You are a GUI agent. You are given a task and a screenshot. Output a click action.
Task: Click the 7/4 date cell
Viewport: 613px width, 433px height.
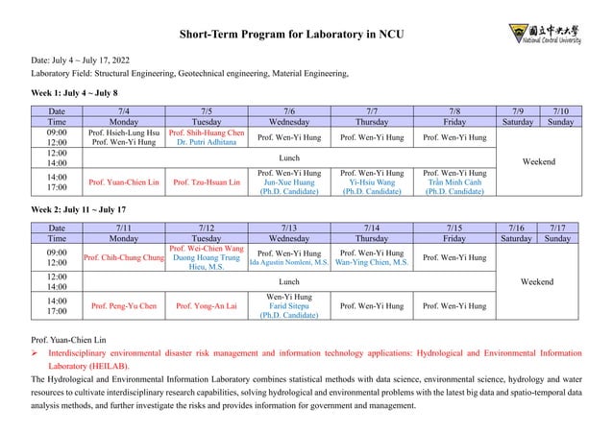(x=125, y=111)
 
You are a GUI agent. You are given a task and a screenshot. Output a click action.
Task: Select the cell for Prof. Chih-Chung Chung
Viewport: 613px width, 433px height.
(x=125, y=257)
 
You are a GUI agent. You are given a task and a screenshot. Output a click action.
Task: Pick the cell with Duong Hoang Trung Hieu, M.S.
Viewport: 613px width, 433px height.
(x=207, y=257)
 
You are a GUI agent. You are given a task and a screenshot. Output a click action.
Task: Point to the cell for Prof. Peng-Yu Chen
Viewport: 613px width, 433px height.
(x=125, y=306)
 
